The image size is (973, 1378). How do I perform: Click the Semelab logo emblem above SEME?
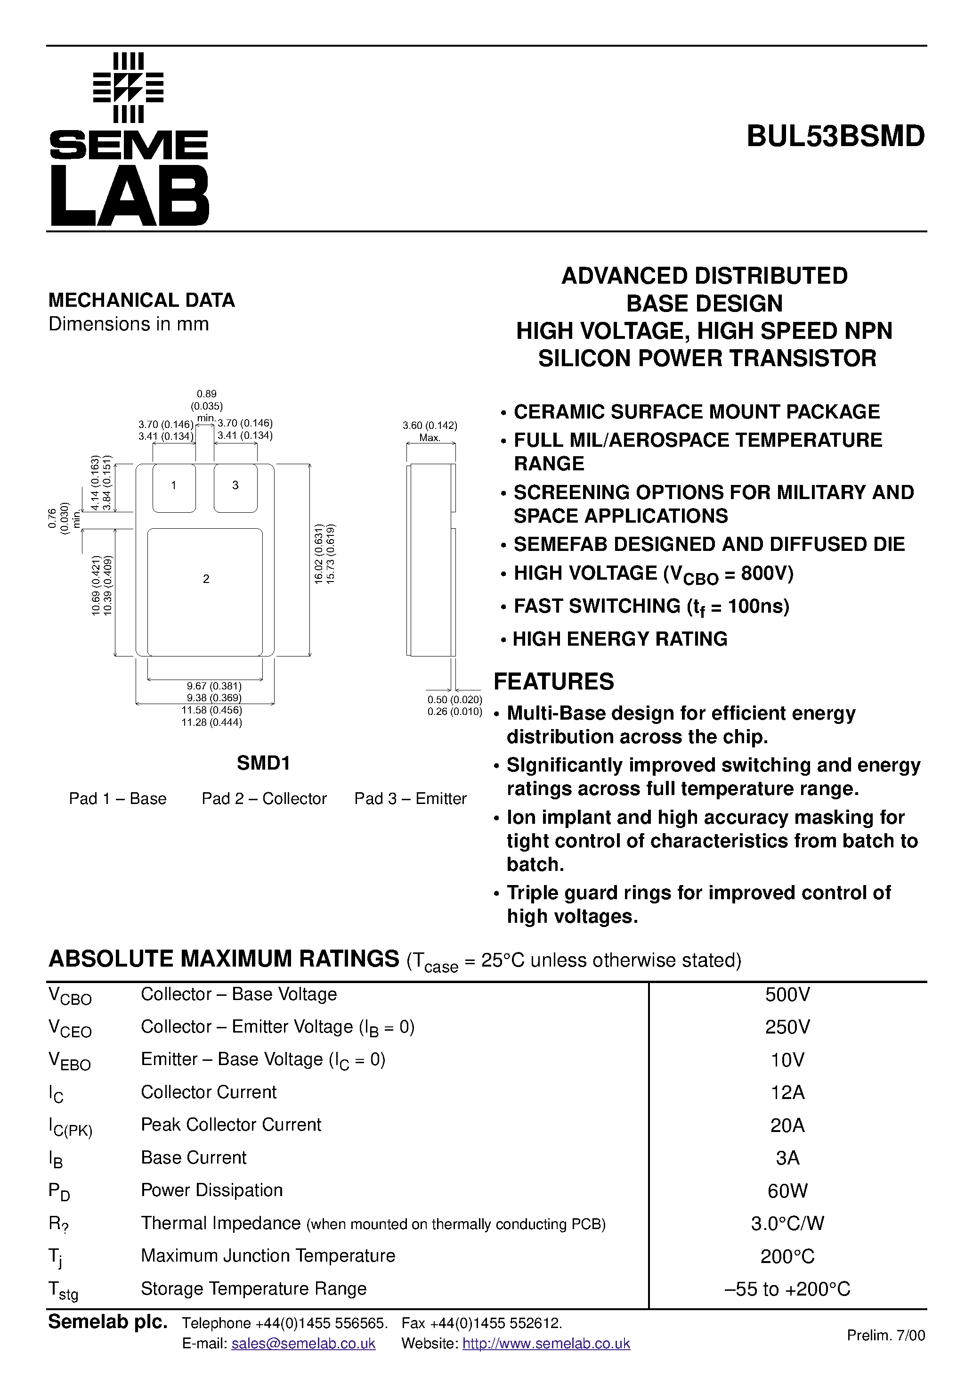click(x=129, y=88)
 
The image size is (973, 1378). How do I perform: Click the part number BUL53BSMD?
click(x=835, y=137)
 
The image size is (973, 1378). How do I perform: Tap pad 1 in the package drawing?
click(x=174, y=486)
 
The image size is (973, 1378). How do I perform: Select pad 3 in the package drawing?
click(x=235, y=486)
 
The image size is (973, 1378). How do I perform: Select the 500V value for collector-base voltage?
click(x=787, y=994)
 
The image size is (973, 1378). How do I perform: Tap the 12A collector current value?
click(x=787, y=1092)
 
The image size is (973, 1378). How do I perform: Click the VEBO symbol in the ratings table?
click(x=69, y=1061)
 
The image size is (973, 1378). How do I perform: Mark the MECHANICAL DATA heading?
click(x=142, y=300)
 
